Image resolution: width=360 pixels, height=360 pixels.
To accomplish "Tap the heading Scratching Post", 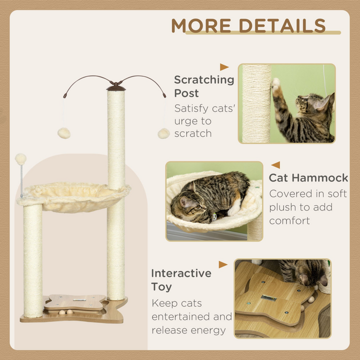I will [204, 86].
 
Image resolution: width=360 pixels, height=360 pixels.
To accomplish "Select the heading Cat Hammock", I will [308, 178].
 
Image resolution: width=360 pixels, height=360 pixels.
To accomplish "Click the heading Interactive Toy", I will [181, 280].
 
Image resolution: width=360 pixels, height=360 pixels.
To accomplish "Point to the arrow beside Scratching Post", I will [224, 67].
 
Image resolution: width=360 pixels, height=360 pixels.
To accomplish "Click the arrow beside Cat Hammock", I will [275, 165].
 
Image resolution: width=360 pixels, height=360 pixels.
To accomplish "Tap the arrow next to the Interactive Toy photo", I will [223, 264].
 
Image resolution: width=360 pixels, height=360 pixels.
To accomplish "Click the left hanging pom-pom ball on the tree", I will [63, 132].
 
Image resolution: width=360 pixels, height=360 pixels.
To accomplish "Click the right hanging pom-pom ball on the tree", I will [163, 133].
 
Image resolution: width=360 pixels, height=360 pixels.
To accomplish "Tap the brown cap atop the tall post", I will [116, 87].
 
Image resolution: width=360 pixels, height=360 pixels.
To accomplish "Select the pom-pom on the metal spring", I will [20, 159].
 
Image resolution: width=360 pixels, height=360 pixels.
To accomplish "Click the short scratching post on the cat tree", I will [33, 260].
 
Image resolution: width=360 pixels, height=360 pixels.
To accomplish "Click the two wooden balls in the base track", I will [66, 312].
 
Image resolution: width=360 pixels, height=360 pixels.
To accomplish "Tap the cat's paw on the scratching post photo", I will [275, 83].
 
